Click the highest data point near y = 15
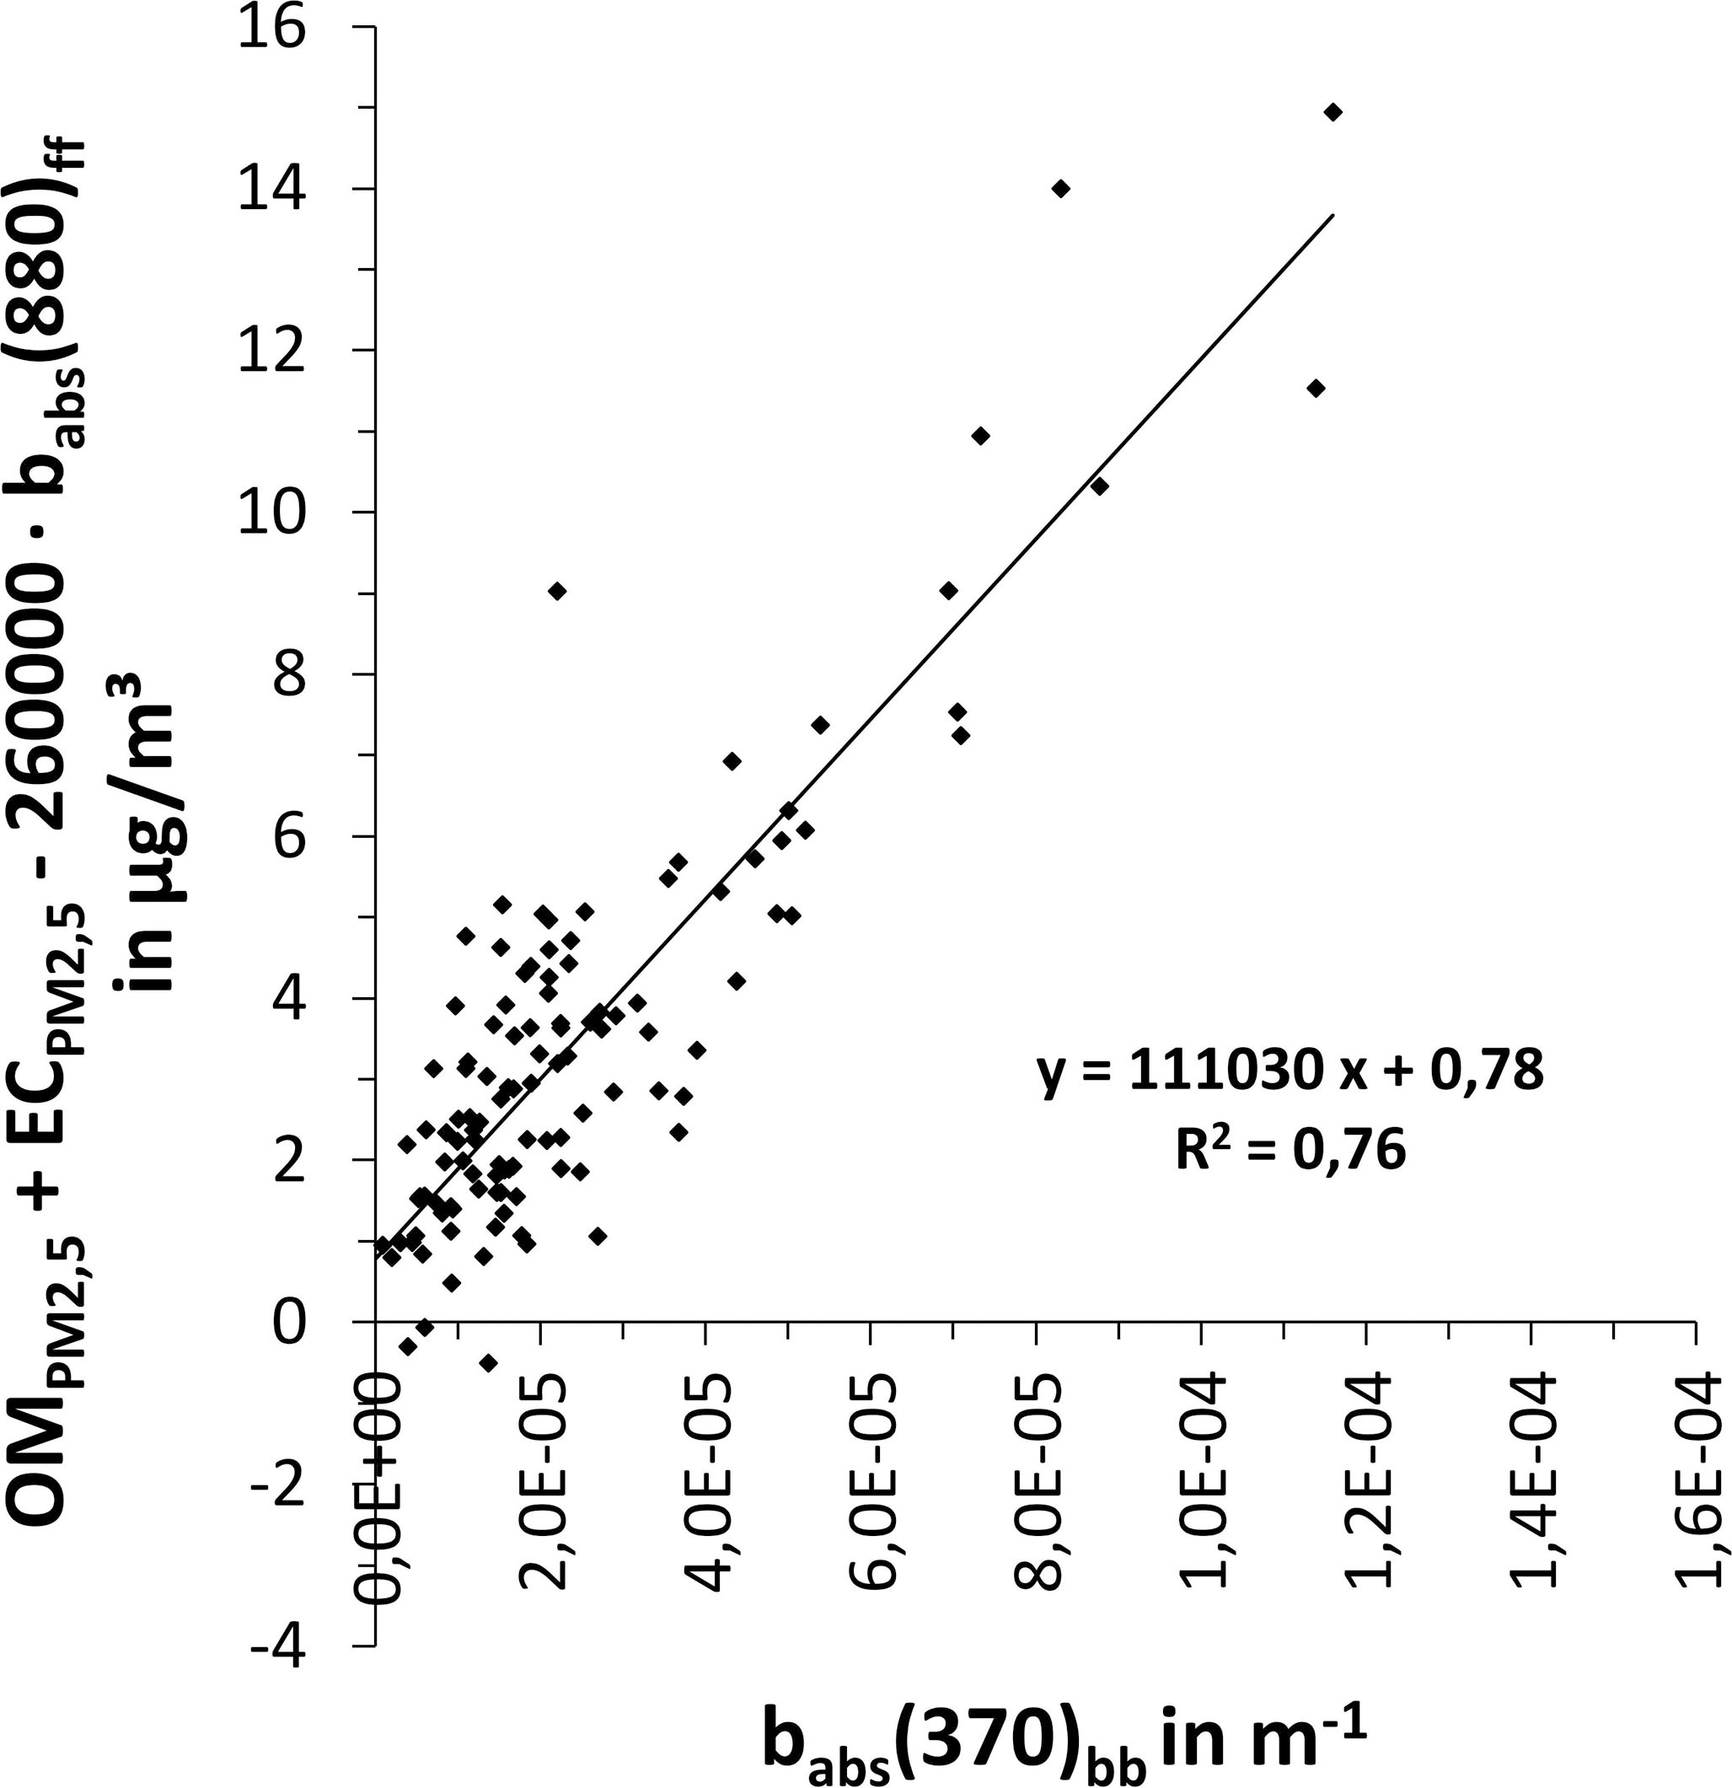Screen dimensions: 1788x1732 1333,112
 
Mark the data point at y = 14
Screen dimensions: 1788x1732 1059,189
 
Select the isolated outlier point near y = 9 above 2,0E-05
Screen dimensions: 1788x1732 557,591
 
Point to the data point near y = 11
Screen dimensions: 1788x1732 980,436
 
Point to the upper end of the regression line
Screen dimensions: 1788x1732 1333,215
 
